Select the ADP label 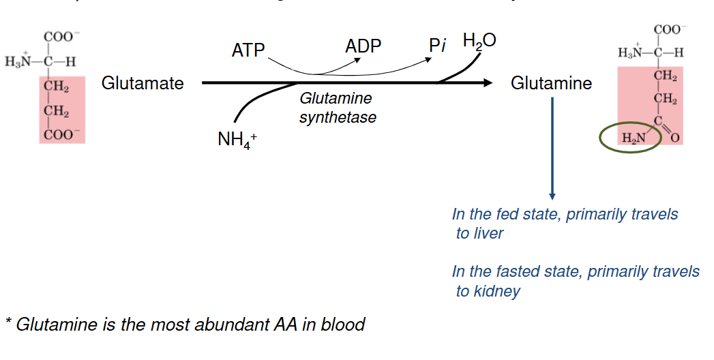[x=363, y=46]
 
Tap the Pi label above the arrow [x=437, y=46]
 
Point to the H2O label [x=479, y=41]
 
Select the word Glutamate [x=143, y=83]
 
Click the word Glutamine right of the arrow [x=551, y=83]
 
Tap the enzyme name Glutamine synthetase [x=338, y=108]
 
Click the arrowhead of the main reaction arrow [x=486, y=83]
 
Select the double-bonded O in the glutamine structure [x=676, y=139]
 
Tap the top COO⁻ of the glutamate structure [x=60, y=37]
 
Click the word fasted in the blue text [x=516, y=271]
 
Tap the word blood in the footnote [x=344, y=325]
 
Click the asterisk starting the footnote [x=8, y=321]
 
